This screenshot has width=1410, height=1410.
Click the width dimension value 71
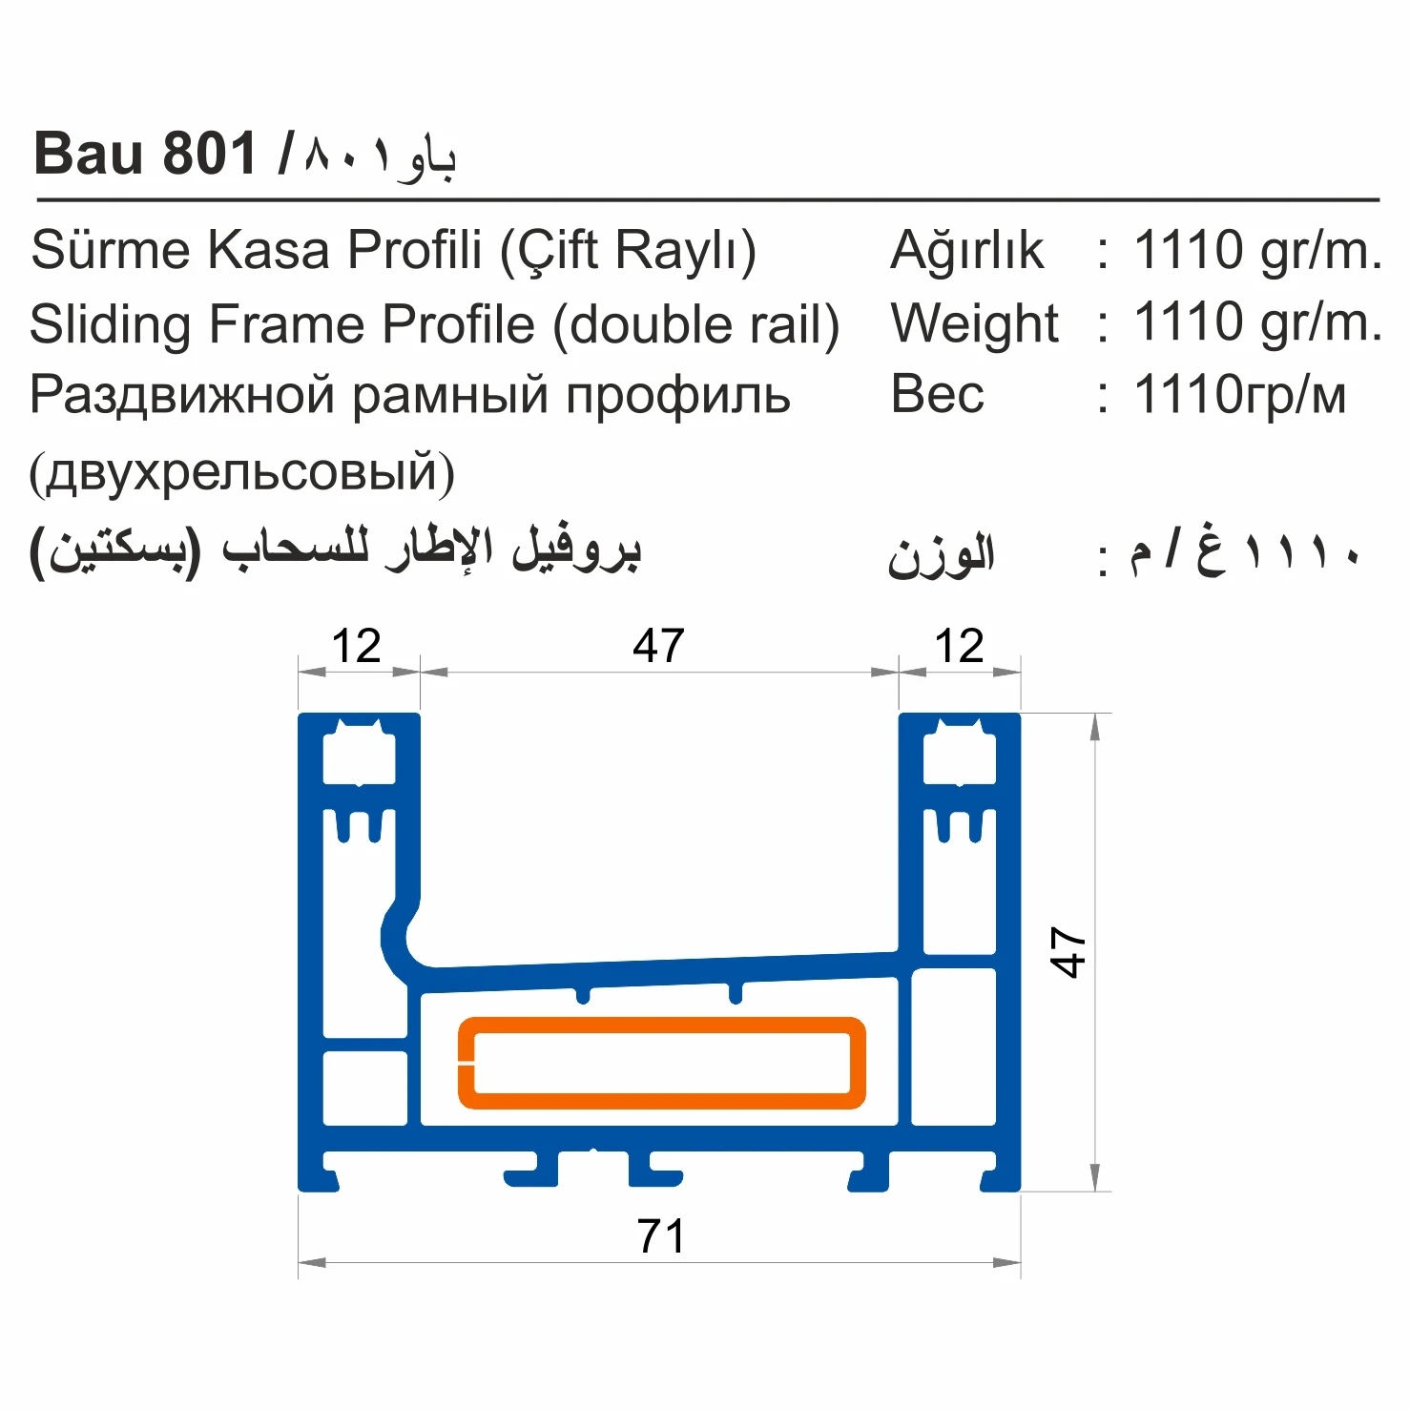pos(660,1236)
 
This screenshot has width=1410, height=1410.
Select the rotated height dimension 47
pos(1068,951)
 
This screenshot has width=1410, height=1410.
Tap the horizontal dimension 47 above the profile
pos(658,646)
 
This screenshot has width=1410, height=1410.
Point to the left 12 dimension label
pos(356,646)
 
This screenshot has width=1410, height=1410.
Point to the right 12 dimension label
pos(959,646)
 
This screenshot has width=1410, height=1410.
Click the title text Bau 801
pos(145,154)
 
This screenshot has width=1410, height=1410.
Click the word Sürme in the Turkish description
pos(111,250)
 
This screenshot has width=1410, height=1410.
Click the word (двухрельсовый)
pos(241,471)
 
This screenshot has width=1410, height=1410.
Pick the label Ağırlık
pos(966,251)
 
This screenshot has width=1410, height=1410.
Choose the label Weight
pos(974,323)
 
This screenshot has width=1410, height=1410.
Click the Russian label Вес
pos(937,395)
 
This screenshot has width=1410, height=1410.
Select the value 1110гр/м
pos(1239,395)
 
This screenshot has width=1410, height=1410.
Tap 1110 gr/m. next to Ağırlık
pos(1257,250)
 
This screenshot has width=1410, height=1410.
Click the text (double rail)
pos(696,324)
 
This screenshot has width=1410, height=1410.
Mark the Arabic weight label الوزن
pos(941,555)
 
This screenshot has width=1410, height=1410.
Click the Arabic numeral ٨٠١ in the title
pos(348,156)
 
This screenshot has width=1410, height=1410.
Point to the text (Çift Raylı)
pos(629,251)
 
